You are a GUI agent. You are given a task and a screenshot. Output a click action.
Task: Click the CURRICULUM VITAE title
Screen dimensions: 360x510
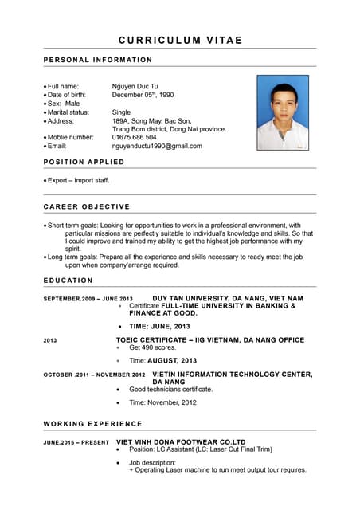click(x=180, y=40)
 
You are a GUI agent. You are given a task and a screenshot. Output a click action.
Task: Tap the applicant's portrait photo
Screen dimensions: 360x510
click(x=283, y=112)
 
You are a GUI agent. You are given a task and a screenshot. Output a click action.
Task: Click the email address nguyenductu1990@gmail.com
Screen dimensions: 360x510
click(x=157, y=146)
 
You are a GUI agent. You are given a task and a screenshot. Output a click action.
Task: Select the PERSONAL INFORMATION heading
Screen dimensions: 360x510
click(x=97, y=60)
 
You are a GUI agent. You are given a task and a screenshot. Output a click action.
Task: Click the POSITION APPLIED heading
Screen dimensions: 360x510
click(x=84, y=162)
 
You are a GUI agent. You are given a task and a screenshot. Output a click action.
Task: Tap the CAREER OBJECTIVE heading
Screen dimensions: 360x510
click(x=86, y=206)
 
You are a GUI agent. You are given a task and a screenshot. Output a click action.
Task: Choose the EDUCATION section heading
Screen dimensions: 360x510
click(x=68, y=280)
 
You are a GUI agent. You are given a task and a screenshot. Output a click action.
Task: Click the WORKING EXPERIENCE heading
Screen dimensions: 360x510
click(x=92, y=424)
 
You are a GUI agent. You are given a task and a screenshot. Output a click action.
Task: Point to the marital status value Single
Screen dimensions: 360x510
click(x=121, y=112)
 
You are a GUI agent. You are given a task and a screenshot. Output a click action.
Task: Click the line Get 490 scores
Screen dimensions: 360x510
click(x=152, y=348)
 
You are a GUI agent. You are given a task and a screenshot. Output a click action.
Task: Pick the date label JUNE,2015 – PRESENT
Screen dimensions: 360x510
click(x=76, y=442)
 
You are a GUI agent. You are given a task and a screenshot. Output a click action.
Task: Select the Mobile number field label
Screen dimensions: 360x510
click(x=70, y=137)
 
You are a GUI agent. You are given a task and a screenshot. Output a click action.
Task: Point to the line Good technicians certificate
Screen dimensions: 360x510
click(x=170, y=390)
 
